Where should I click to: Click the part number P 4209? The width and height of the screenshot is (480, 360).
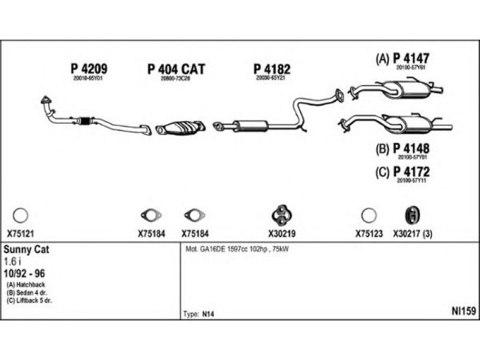click(89, 69)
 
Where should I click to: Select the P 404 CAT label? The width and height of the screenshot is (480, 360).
click(176, 69)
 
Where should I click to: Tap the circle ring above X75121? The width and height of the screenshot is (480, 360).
click(20, 215)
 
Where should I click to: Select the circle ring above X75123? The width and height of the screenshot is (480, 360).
click(368, 215)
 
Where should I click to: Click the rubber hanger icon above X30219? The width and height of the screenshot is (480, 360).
click(280, 214)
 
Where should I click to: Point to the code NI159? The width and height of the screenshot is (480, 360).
click(463, 310)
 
